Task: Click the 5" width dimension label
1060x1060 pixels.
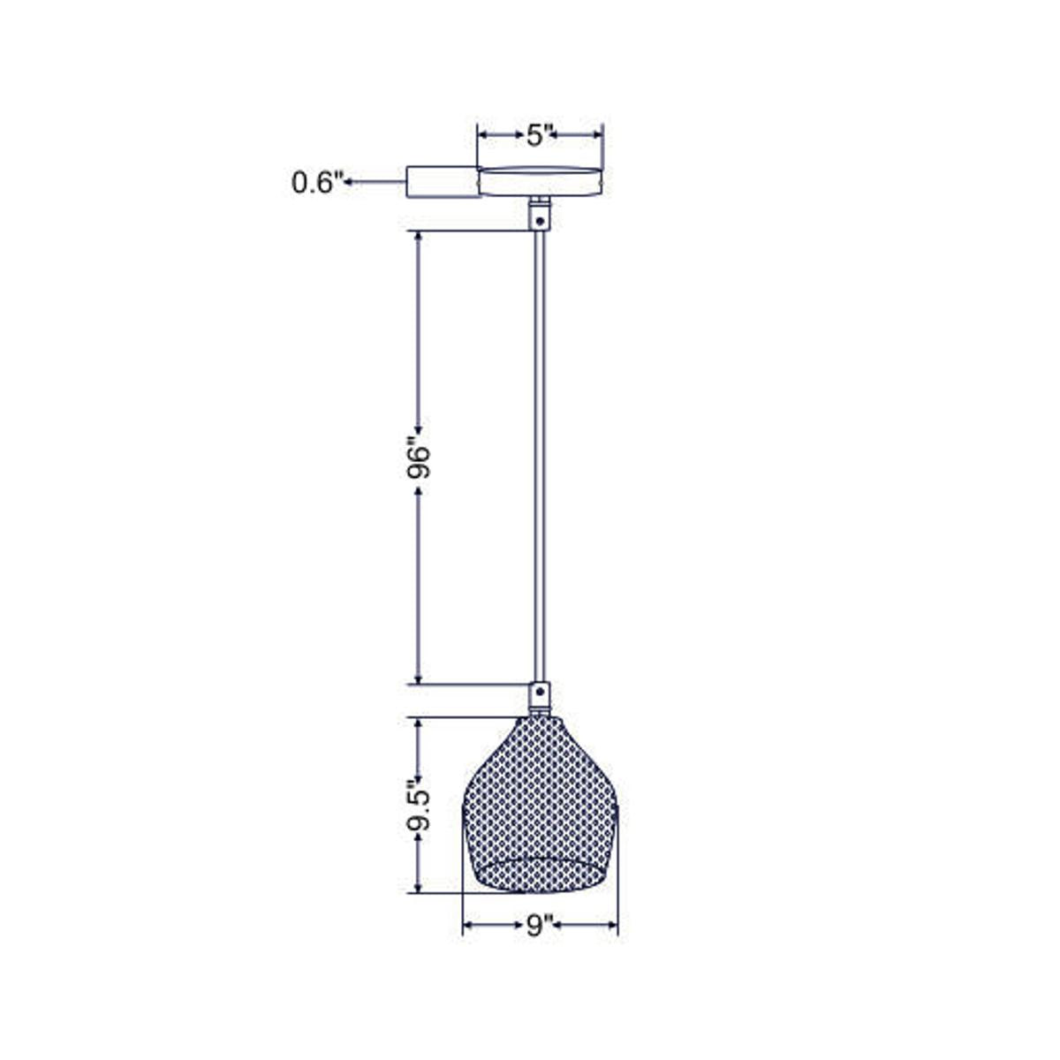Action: [x=540, y=135]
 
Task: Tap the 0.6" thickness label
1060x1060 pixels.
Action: [x=316, y=182]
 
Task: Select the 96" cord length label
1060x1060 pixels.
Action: [x=418, y=458]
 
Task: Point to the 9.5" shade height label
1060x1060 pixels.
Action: [x=418, y=805]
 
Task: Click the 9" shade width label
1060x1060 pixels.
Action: [x=539, y=926]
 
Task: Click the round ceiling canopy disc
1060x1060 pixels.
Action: [x=540, y=180]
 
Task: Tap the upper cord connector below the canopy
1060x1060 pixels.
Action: [x=539, y=215]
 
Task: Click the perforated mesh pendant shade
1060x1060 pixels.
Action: [x=539, y=808]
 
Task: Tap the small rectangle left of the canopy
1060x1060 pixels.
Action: [x=442, y=182]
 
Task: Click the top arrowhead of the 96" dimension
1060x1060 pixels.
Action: [x=418, y=237]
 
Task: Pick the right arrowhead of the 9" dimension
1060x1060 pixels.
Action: [x=612, y=926]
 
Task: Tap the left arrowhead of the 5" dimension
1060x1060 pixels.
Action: [x=482, y=134]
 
